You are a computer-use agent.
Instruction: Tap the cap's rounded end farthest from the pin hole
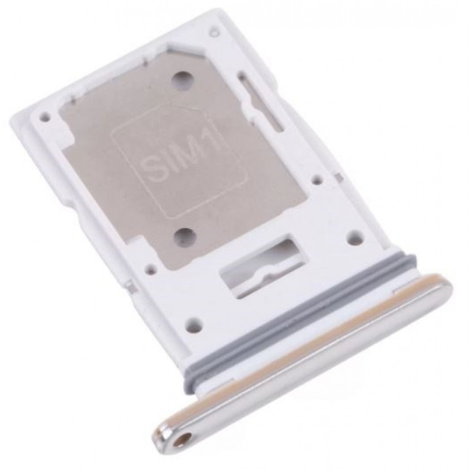point(445,287)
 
